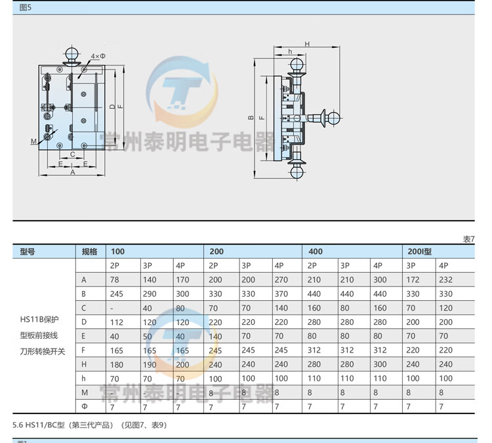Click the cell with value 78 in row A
(x=115, y=280)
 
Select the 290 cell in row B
(x=150, y=294)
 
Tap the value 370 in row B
(x=281, y=294)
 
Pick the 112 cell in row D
(x=117, y=322)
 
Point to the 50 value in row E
(x=148, y=336)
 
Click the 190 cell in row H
(x=150, y=364)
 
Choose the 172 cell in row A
(x=413, y=280)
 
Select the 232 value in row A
(x=445, y=280)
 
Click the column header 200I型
(x=419, y=252)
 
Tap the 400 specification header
(x=316, y=252)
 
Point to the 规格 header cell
(x=89, y=252)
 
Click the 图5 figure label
(x=26, y=8)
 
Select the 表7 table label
(x=468, y=239)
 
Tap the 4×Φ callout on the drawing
(x=98, y=56)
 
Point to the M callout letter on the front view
(x=33, y=141)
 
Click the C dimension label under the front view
(x=73, y=155)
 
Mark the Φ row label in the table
(x=84, y=406)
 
